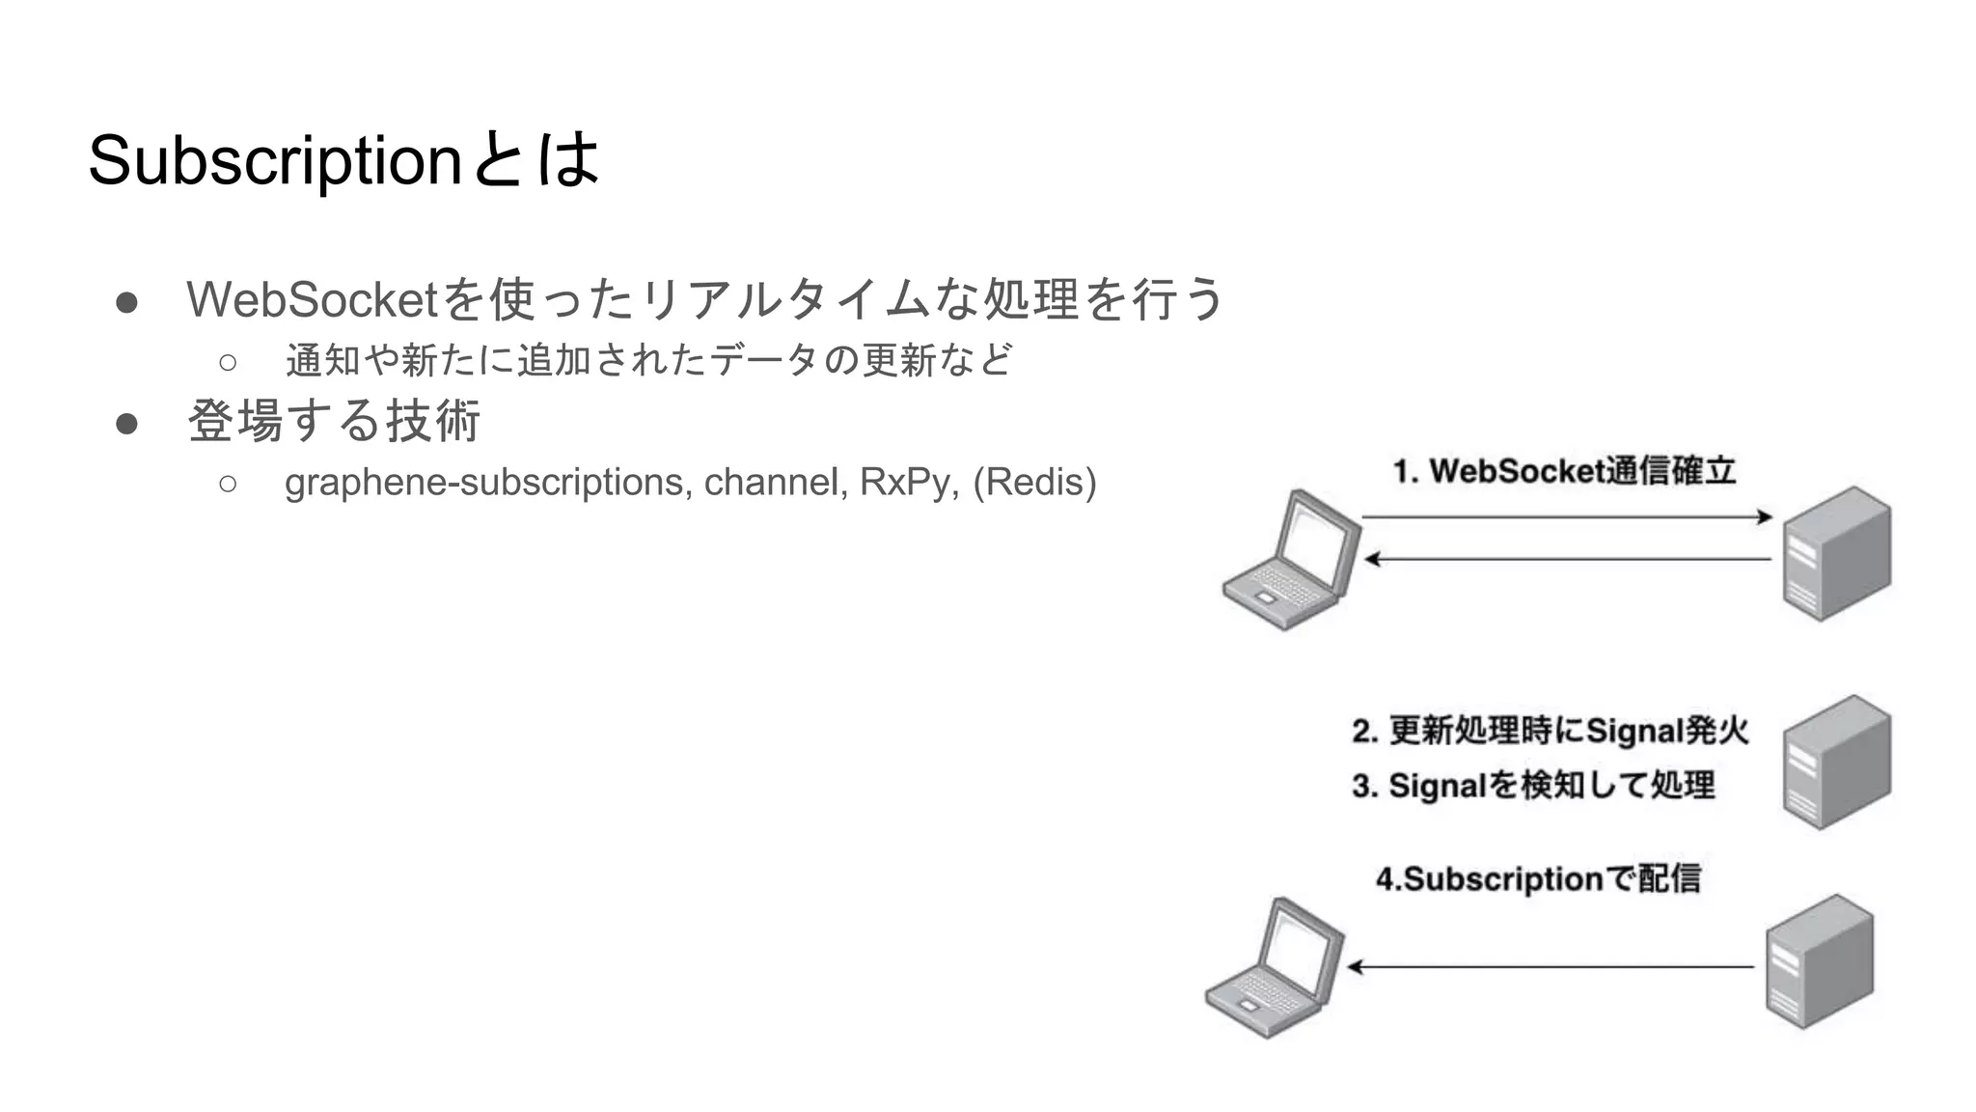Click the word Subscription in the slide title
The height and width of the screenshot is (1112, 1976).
coord(275,160)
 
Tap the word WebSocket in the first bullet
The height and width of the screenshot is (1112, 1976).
coord(313,299)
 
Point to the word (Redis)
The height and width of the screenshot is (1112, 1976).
coord(1034,482)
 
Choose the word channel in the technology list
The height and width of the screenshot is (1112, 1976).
coord(776,482)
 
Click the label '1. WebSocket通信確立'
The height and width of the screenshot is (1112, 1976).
coord(1563,471)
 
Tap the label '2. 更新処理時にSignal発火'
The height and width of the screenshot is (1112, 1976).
coord(1550,731)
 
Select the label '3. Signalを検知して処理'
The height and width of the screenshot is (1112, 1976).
coord(1532,786)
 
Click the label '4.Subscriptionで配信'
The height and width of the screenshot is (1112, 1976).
coord(1538,879)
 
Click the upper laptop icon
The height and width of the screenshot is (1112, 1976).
coord(1292,560)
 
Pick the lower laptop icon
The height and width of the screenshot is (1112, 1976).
coord(1275,968)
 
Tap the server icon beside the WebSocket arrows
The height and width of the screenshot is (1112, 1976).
coord(1836,553)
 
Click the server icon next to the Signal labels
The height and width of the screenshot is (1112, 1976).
coord(1836,762)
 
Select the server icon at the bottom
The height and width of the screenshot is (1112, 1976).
coord(1819,961)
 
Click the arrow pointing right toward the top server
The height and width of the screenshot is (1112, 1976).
coord(1567,517)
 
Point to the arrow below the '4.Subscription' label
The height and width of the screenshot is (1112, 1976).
coord(1550,966)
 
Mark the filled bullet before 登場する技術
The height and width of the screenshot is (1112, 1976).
coord(126,423)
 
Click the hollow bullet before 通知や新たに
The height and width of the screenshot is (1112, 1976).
coord(228,362)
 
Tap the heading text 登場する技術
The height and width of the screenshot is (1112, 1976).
coord(334,422)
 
